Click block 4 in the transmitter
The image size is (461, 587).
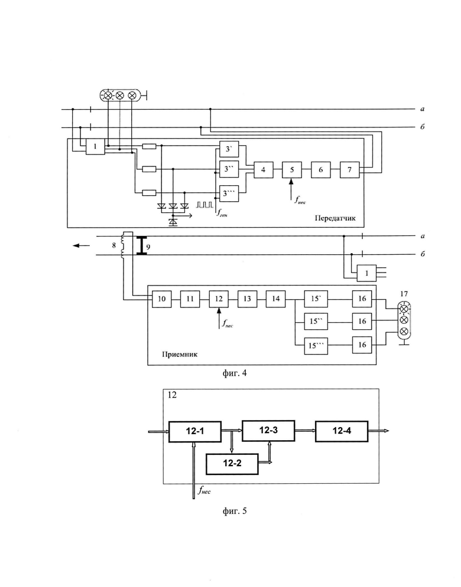tap(264, 169)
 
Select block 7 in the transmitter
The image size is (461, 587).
tap(350, 169)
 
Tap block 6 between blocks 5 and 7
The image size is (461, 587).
tap(321, 169)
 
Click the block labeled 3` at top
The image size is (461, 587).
tap(229, 149)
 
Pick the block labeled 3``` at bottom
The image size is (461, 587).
tap(229, 194)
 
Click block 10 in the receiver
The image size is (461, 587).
tap(162, 299)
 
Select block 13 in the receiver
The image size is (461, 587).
tap(247, 299)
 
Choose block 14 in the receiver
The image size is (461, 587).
tap(275, 299)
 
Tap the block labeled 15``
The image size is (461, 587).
tap(316, 322)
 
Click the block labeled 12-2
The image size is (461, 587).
tap(232, 464)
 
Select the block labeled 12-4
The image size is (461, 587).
tap(342, 431)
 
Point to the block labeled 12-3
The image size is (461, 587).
tap(268, 431)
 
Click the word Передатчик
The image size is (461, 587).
tap(335, 218)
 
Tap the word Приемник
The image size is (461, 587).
tap(180, 354)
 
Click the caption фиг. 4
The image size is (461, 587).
tap(235, 373)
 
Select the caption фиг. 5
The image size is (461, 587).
tap(235, 511)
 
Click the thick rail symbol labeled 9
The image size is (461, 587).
tap(141, 245)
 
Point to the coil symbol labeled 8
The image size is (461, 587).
tap(122, 245)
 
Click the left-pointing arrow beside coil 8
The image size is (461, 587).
tap(82, 245)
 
